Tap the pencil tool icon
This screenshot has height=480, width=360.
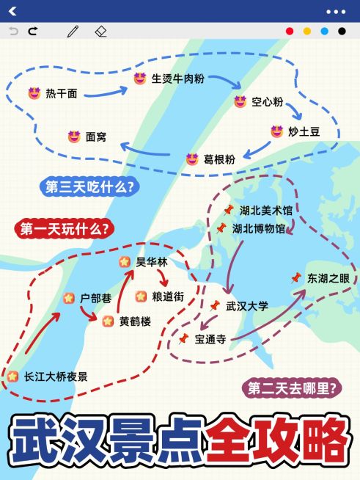(73, 32)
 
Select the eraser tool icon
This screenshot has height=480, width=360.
(101, 32)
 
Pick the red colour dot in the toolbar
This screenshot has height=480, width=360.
(290, 32)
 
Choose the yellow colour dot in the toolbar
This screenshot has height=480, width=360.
(307, 32)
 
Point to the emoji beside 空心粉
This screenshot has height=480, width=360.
(239, 102)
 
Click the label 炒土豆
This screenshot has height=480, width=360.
(304, 131)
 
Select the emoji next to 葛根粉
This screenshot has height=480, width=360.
(192, 159)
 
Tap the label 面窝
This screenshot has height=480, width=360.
(96, 137)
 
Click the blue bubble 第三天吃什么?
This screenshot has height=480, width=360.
(89, 187)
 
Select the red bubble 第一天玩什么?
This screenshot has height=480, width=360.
(64, 229)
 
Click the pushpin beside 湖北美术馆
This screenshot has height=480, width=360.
(228, 210)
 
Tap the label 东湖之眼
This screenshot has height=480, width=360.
(329, 278)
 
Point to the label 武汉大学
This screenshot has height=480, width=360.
(247, 305)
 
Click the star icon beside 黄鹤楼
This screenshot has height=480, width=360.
(108, 320)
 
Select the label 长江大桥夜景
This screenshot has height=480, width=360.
(56, 377)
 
